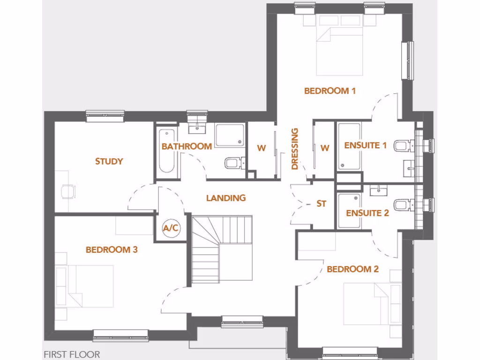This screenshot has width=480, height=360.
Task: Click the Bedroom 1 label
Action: [x=330, y=91]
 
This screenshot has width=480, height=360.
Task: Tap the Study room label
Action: [x=109, y=161]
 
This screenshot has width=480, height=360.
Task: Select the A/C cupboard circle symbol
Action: [x=170, y=228]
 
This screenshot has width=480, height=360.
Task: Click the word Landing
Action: [x=226, y=198]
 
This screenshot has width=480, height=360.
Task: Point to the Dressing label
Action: [x=295, y=149]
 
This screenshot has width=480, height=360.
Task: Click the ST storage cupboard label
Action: [x=321, y=203]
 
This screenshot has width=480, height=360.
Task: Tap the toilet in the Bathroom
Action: [x=233, y=163]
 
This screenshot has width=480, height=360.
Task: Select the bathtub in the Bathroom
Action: [x=166, y=151]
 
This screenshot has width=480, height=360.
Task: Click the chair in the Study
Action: [x=68, y=191]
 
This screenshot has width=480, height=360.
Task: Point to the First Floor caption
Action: [x=72, y=354]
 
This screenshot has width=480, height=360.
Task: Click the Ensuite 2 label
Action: [x=367, y=213]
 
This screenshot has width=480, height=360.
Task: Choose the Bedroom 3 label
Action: [x=112, y=250]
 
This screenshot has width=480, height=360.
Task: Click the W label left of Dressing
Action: [x=261, y=149]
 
